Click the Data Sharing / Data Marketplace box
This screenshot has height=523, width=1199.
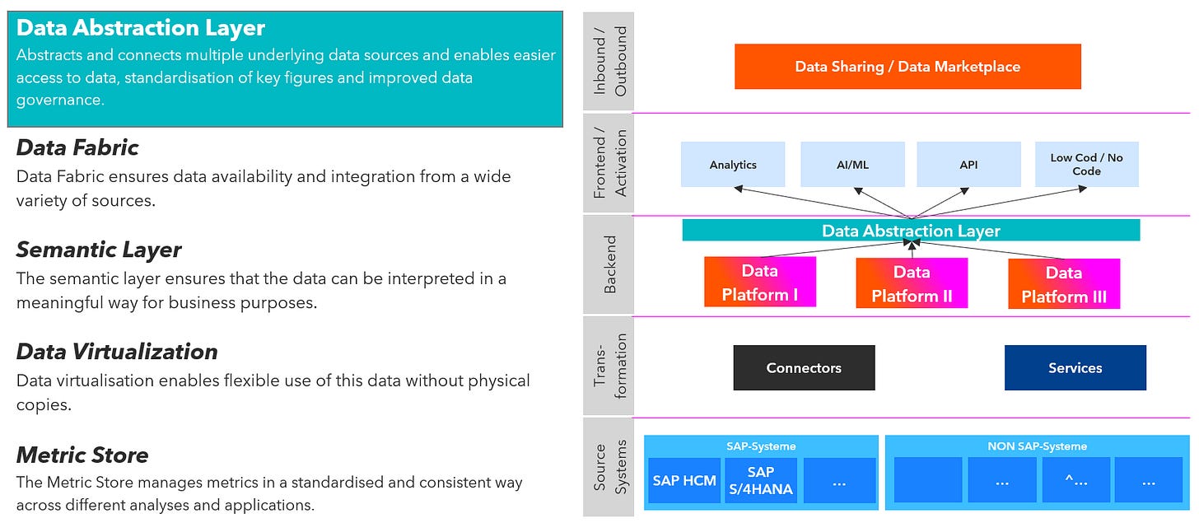tap(907, 67)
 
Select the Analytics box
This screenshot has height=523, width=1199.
tap(733, 165)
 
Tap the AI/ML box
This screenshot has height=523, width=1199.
tap(852, 165)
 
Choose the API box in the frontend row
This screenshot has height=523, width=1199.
tap(968, 165)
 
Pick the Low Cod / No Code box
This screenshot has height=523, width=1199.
tap(1087, 165)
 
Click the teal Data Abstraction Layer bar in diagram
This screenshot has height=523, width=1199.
tap(911, 230)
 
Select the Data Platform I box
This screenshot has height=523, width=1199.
tap(760, 283)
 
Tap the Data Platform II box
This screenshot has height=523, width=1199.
tap(912, 283)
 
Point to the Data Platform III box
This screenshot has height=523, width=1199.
tap(1064, 283)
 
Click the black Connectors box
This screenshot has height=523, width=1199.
tap(804, 368)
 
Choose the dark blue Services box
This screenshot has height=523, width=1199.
tap(1075, 368)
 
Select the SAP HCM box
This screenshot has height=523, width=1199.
tap(684, 480)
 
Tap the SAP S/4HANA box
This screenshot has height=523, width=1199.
tap(761, 480)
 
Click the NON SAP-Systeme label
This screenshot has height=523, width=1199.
tap(1038, 446)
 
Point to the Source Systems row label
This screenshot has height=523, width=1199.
tap(609, 467)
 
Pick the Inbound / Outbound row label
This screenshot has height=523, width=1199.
tap(609, 61)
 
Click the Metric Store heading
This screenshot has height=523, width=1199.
tap(82, 455)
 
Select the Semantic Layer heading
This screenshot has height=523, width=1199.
tap(99, 250)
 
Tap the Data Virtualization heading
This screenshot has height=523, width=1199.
tap(117, 352)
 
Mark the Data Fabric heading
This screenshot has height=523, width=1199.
tap(77, 147)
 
